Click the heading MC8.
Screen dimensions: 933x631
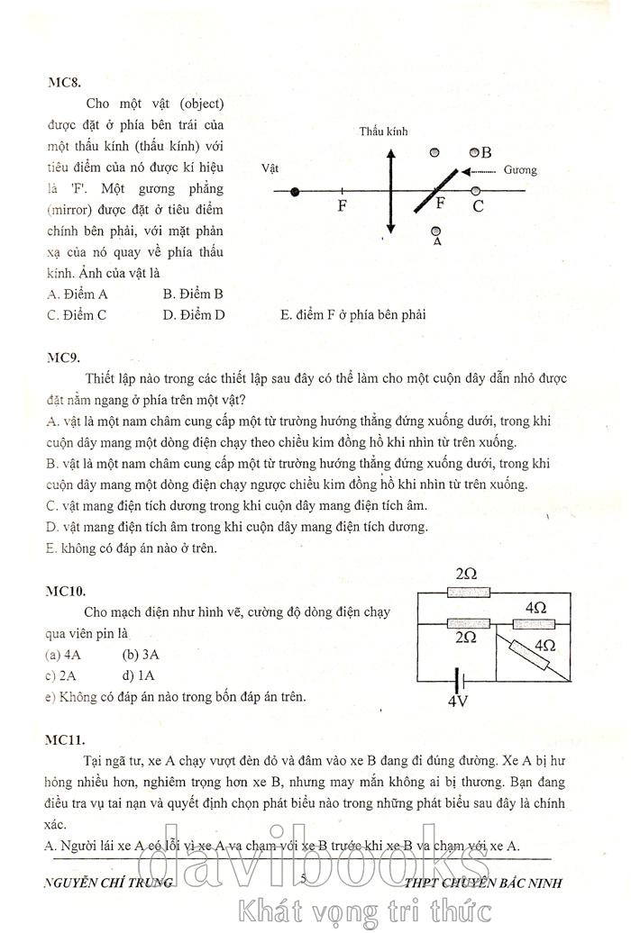(64, 82)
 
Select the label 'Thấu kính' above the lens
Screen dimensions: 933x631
(384, 132)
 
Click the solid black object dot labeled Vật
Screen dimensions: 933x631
(295, 192)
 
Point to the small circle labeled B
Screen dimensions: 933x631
(476, 152)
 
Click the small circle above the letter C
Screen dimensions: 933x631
(476, 191)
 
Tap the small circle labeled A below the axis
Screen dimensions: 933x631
(436, 231)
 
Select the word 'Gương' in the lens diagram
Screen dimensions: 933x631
(520, 170)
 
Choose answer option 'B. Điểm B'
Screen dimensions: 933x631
(193, 294)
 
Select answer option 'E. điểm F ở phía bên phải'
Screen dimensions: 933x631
(352, 315)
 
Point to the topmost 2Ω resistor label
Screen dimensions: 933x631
(466, 574)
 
